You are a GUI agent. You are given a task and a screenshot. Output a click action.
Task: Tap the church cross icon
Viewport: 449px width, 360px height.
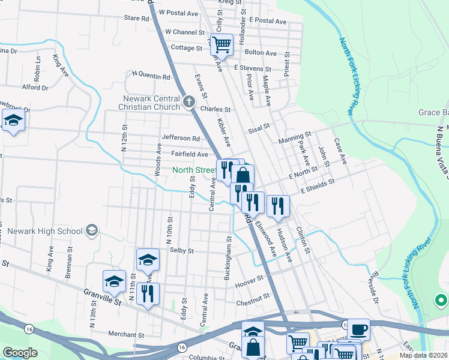(189, 101)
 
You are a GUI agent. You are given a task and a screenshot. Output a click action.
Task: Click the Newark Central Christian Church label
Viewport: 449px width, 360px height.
(151, 103)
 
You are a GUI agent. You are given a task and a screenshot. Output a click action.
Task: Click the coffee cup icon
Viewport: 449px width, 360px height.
(358, 329)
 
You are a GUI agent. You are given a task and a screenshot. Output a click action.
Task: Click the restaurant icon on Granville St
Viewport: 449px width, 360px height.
(147, 293)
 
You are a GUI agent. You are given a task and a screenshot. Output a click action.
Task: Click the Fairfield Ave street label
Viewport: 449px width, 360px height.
(190, 154)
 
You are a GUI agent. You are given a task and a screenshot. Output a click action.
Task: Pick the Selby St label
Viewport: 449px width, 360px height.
(181, 250)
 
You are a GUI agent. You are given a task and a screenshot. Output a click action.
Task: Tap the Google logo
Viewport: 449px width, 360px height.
(20, 353)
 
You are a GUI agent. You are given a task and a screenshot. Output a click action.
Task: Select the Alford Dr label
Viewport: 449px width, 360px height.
(35, 87)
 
